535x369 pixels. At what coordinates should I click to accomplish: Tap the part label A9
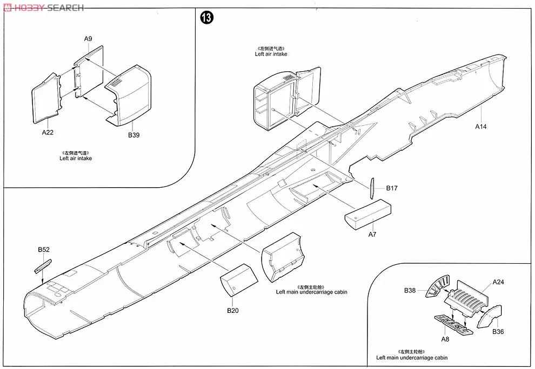89,39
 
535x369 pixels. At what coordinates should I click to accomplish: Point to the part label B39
133,135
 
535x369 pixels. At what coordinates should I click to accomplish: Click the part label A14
481,127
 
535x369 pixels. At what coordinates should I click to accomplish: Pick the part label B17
392,188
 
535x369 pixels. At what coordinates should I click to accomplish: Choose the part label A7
372,235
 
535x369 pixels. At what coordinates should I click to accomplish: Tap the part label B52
44,250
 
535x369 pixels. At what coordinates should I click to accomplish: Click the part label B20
232,310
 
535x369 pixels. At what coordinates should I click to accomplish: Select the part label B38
410,290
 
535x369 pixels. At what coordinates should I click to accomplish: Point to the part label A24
498,282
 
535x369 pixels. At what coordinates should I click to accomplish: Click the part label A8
445,339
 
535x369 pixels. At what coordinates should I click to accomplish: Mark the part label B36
498,332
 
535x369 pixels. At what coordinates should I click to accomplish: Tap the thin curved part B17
371,188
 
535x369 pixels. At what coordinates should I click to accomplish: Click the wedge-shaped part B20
238,279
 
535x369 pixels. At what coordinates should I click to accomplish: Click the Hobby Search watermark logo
43,8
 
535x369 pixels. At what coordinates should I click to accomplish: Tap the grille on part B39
117,83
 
